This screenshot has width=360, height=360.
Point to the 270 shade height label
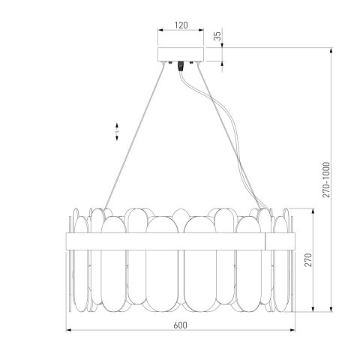(308, 261)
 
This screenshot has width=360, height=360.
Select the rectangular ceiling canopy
(179, 55)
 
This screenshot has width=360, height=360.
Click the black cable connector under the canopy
(180, 67)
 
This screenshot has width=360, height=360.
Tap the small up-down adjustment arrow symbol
(117, 132)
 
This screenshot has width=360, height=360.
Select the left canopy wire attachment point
(169, 64)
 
